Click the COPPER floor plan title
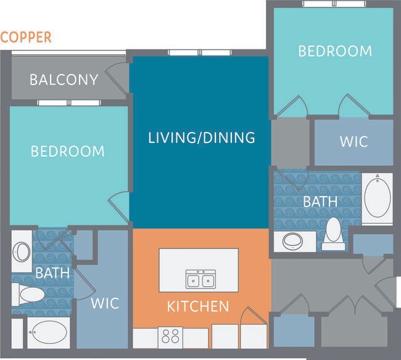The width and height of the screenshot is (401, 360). tap(26, 37)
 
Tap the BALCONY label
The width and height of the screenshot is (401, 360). tap(64, 80)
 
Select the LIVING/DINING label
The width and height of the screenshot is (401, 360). tap(202, 137)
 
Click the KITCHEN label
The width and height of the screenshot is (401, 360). tap(199, 306)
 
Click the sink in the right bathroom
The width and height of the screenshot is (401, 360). tap(292, 240)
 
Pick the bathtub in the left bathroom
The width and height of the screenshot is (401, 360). tap(48, 332)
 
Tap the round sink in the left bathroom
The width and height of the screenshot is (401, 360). tap(22, 252)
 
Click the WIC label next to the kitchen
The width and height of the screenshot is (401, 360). tap(105, 303)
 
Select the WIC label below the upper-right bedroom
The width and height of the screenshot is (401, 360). tap(353, 141)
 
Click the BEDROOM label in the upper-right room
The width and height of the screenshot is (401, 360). tap(335, 51)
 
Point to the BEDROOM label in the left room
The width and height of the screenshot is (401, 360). tap(68, 151)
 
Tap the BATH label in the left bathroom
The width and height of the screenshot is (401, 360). tap(52, 271)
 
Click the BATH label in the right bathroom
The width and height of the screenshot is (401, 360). tap(320, 201)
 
